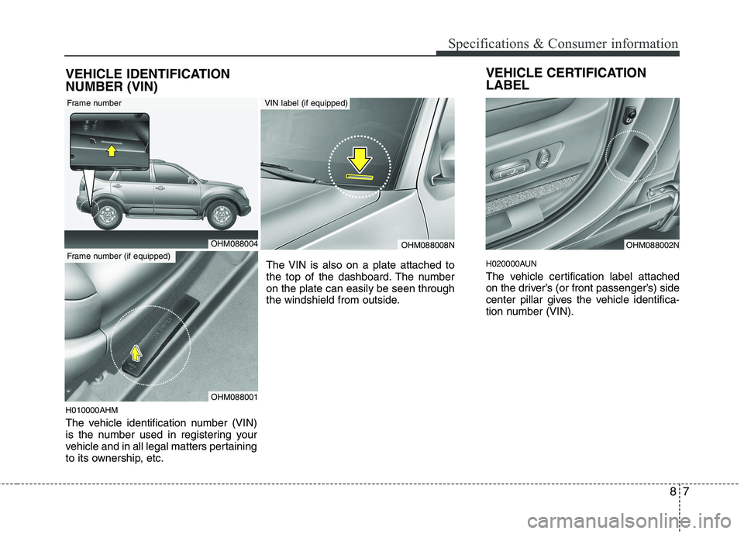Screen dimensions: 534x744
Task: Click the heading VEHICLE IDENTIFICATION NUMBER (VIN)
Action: pyautogui.click(x=146, y=80)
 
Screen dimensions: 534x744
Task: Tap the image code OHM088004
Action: pyautogui.click(x=234, y=243)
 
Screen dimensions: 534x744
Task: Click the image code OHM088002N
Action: pyautogui.click(x=653, y=244)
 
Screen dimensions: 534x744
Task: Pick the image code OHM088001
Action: pyautogui.click(x=234, y=396)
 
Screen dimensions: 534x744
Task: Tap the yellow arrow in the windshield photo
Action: pyautogui.click(x=359, y=161)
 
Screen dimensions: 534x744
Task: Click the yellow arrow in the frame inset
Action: pyautogui.click(x=112, y=149)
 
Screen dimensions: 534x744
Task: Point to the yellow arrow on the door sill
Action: pyautogui.click(x=137, y=354)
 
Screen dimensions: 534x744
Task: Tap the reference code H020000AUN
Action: pyautogui.click(x=511, y=263)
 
